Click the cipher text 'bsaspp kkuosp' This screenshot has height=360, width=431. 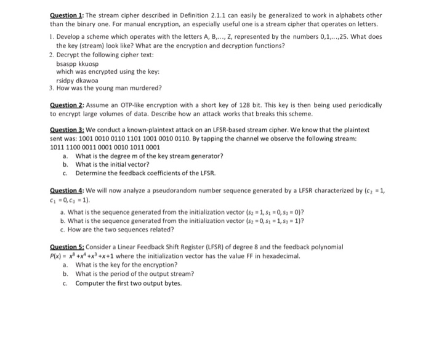click(77, 63)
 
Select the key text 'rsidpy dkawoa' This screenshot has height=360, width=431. click(77, 80)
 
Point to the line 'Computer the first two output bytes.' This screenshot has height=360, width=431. click(128, 283)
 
